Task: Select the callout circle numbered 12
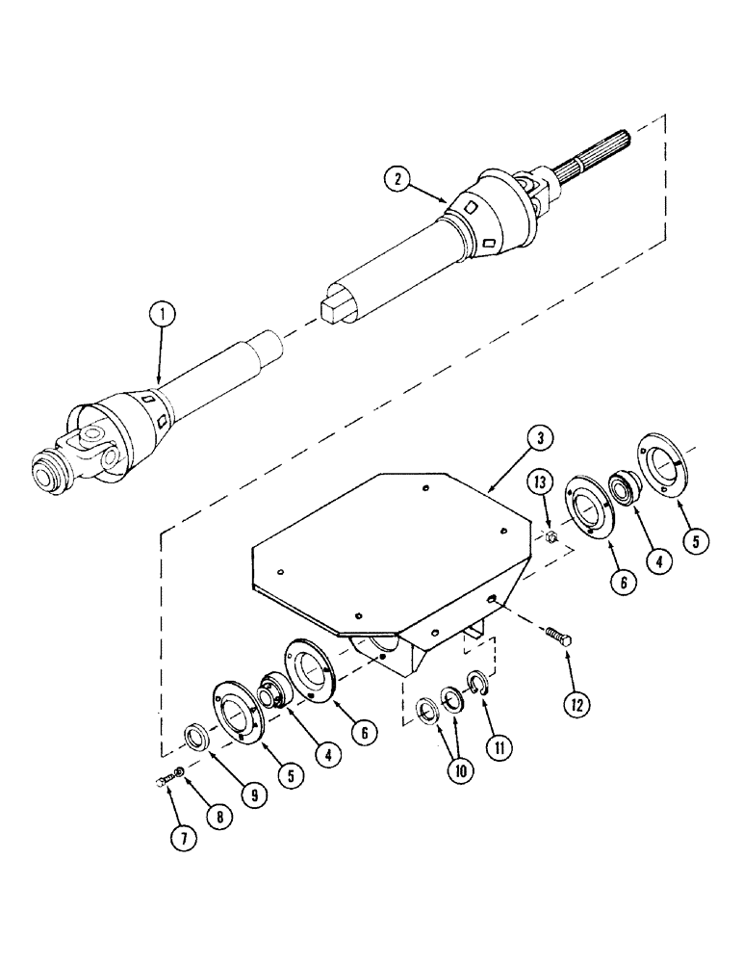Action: pos(576,703)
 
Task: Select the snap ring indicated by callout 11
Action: pos(477,687)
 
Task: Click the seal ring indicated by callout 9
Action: pos(198,740)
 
